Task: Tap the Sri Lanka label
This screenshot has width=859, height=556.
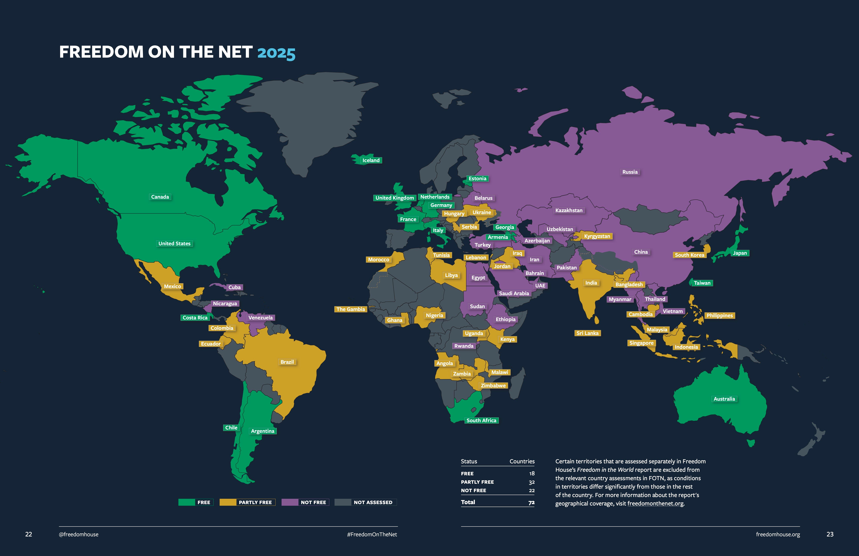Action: (x=587, y=333)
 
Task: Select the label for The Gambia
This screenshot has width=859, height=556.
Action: (x=351, y=309)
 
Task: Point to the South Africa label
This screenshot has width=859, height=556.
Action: (x=481, y=421)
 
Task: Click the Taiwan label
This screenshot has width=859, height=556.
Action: (x=702, y=283)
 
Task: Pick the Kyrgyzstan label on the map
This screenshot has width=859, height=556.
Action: (x=597, y=237)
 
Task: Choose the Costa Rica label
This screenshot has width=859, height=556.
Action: (x=195, y=318)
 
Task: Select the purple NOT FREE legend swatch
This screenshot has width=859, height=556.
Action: (x=290, y=502)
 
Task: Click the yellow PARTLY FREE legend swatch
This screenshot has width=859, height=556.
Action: (x=228, y=502)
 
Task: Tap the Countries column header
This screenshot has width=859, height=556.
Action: (x=522, y=461)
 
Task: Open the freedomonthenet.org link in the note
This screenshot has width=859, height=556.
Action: (x=655, y=504)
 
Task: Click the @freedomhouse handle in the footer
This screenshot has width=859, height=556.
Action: (x=79, y=534)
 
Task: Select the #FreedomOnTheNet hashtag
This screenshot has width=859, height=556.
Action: (x=372, y=534)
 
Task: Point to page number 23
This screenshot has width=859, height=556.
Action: (x=830, y=534)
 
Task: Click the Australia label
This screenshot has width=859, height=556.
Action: (x=724, y=399)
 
